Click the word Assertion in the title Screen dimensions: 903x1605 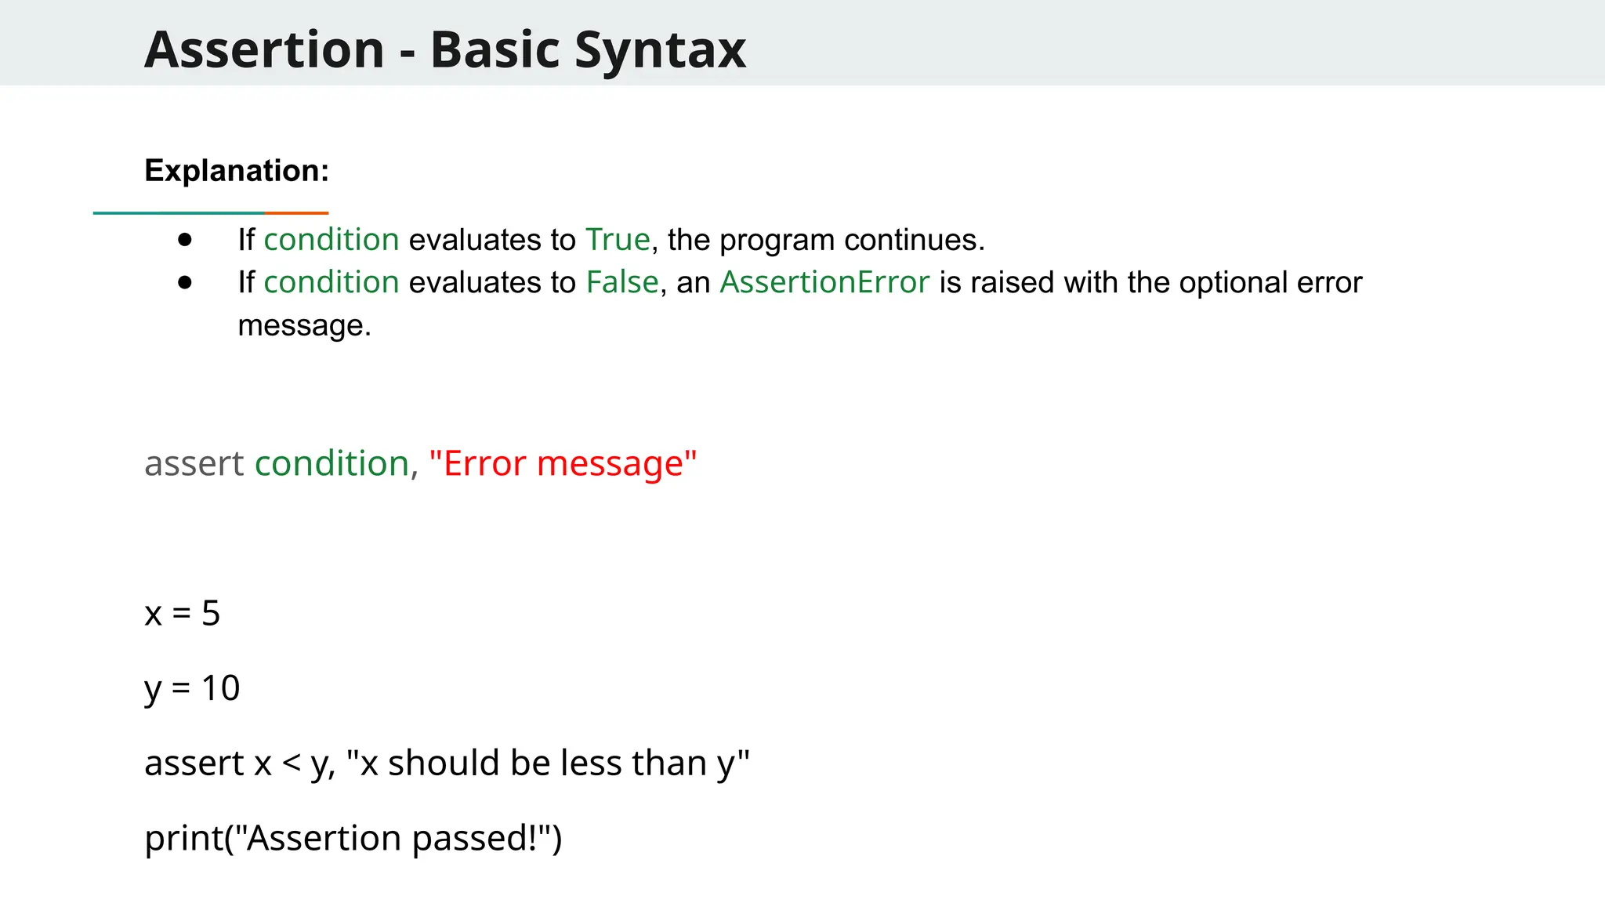[264, 49]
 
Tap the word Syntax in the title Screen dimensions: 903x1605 [660, 49]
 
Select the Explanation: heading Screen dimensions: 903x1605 [237, 170]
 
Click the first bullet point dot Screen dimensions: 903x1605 [185, 239]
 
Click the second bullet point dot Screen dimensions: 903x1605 [185, 282]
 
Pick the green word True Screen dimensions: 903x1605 [618, 239]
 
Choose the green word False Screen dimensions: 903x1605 [622, 282]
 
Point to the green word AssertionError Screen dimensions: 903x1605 [824, 282]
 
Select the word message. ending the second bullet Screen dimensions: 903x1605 [304, 325]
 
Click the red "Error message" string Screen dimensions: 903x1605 [563, 463]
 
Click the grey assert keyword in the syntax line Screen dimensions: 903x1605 [194, 463]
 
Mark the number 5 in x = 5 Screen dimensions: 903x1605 [211, 613]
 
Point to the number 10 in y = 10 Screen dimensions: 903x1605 [220, 688]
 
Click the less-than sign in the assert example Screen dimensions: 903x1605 [292, 763]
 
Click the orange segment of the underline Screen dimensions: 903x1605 [296, 212]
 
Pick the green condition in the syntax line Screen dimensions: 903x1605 [332, 463]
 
